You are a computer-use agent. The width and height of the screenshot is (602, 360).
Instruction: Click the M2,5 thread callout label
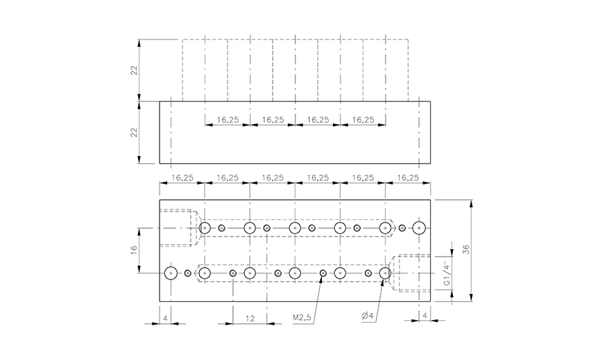pos(303,318)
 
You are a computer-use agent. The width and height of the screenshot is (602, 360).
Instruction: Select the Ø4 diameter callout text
pos(367,318)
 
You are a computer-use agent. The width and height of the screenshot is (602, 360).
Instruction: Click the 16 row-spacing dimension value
pos(134,249)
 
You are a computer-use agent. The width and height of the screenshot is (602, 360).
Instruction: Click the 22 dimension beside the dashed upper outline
pos(135,70)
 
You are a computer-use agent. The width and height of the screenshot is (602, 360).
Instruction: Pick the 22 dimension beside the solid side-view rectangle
pos(135,132)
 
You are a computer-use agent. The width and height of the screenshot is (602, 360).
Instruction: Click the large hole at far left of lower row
pos(171,273)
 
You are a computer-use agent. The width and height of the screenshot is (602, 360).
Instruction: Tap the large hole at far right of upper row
pos(418,228)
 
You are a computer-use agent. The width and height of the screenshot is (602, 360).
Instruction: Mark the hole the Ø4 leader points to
pos(386,273)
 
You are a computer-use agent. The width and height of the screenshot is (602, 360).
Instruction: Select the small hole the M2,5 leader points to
pos(322,273)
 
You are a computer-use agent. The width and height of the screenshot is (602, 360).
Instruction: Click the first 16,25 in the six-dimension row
pos(182,178)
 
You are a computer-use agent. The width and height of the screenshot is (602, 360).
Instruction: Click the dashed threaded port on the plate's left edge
pos(179,228)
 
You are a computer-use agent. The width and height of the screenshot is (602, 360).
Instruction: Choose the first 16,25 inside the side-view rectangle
pos(227,119)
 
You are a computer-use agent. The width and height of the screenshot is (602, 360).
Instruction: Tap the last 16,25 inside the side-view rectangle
pos(363,119)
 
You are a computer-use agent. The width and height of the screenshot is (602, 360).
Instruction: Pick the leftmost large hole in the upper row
pos(205,228)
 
